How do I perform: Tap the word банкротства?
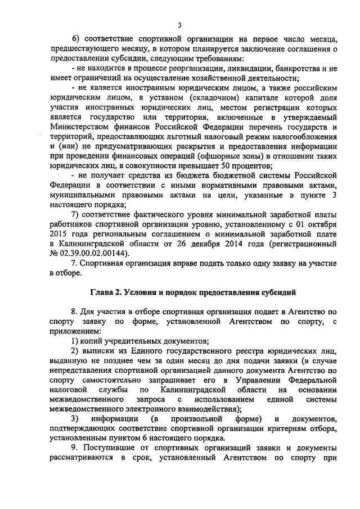[x=292, y=68]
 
